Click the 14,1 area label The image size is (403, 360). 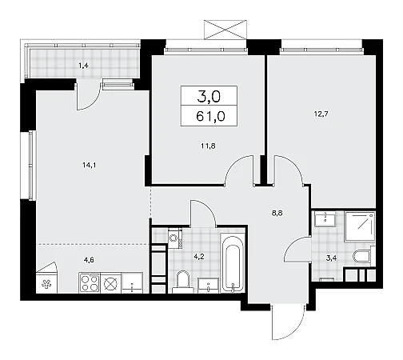[x=89, y=166]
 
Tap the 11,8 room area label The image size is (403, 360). [x=209, y=146]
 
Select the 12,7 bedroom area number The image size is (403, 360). [x=321, y=114]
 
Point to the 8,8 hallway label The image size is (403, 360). [x=277, y=213]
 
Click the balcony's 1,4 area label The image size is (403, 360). [x=83, y=66]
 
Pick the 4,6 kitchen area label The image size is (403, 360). [x=88, y=259]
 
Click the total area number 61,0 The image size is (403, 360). [x=210, y=117]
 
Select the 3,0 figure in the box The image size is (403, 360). [x=209, y=96]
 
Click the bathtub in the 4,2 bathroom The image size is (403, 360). [x=233, y=264]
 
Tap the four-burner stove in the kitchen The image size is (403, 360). [x=90, y=282]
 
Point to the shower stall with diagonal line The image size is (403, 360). [x=360, y=226]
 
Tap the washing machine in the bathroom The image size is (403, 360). [x=175, y=238]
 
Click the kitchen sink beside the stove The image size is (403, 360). [x=132, y=282]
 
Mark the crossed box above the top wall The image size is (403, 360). [x=225, y=30]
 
